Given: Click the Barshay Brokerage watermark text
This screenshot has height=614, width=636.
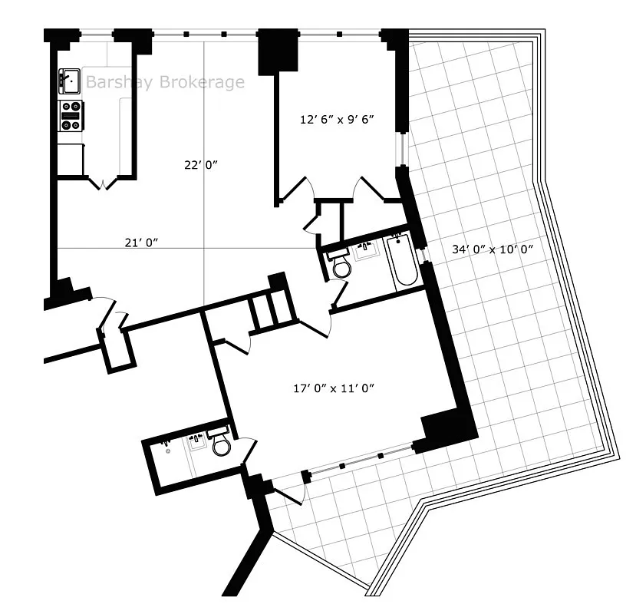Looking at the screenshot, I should pyautogui.click(x=165, y=82).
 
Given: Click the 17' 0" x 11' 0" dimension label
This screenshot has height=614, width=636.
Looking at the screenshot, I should pyautogui.click(x=334, y=388).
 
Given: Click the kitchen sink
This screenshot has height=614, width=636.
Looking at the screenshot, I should pyautogui.click(x=71, y=78).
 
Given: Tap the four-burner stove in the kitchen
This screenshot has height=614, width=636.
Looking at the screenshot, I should pyautogui.click(x=71, y=115).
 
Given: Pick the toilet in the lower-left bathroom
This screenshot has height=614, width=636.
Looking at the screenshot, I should pyautogui.click(x=222, y=444).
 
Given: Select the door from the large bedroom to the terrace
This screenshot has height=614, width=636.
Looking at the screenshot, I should pyautogui.click(x=287, y=491).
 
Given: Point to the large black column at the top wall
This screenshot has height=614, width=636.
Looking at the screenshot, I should pyautogui.click(x=277, y=51).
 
